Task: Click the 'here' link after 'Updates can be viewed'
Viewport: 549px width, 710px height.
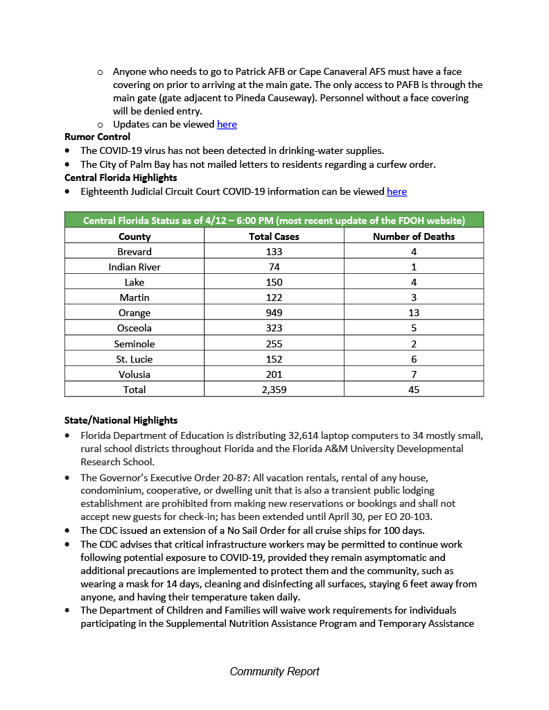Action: (x=227, y=124)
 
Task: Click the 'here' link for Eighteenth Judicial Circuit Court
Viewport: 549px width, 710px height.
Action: (x=397, y=191)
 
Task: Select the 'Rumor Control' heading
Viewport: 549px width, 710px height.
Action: (x=97, y=137)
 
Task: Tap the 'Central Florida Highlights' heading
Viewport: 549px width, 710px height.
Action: (x=121, y=177)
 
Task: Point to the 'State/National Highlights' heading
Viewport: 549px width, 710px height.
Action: (x=121, y=420)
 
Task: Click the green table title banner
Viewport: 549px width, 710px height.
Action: (x=274, y=220)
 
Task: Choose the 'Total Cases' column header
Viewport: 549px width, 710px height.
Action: (x=274, y=236)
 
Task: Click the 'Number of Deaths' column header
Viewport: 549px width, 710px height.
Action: (x=414, y=236)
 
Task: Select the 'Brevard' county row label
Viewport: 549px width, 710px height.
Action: (x=134, y=252)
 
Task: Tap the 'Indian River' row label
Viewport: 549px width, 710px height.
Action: (x=134, y=267)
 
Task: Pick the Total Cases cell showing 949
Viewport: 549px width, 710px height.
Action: (x=274, y=313)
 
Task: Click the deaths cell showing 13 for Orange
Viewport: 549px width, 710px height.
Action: (x=414, y=313)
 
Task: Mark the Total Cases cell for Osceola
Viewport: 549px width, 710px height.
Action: (x=274, y=328)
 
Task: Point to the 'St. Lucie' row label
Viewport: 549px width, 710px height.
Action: (x=134, y=359)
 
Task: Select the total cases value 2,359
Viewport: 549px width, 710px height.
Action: (x=274, y=390)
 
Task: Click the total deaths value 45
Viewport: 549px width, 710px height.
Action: (x=414, y=390)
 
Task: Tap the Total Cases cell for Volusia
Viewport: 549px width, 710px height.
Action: (x=274, y=374)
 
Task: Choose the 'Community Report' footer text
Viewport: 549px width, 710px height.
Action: (x=274, y=671)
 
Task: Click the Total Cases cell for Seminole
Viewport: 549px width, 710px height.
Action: (x=274, y=344)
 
